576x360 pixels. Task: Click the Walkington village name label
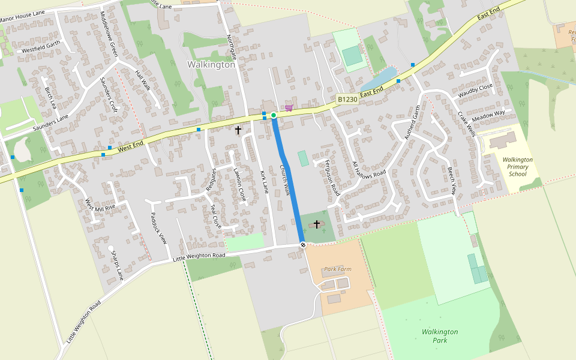(x=211, y=65)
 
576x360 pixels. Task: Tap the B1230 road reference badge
(x=347, y=100)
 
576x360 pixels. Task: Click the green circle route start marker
(x=274, y=115)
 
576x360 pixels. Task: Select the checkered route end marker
(x=304, y=244)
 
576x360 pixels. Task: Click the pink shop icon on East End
(x=289, y=108)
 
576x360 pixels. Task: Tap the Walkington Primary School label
(x=517, y=167)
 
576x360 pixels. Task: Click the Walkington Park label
(x=440, y=336)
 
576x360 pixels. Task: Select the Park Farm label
(x=338, y=269)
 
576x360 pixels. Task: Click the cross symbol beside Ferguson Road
(x=317, y=224)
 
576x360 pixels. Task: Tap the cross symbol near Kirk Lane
(x=238, y=130)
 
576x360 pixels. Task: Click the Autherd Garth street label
(x=414, y=122)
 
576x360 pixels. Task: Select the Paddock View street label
(x=158, y=228)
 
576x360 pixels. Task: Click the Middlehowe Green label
(x=109, y=34)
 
